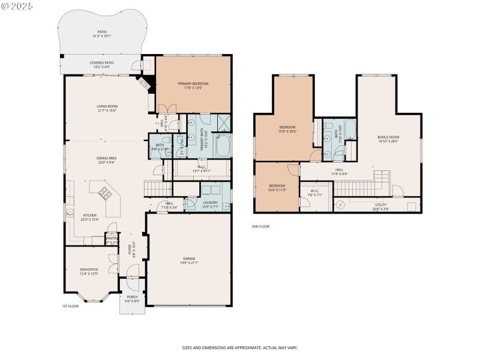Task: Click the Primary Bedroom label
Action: pos(193,83)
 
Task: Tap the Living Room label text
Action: pos(107,106)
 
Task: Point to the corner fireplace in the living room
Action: pos(145,85)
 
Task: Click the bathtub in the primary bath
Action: pos(223,146)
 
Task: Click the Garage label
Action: pos(188,259)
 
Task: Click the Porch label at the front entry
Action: pos(132,297)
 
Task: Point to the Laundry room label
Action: pos(210,203)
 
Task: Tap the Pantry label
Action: pos(112,238)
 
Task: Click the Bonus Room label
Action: pos(388,137)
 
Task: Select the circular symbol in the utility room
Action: pos(340,205)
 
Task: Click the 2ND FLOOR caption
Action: pos(260,227)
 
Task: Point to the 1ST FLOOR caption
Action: pos(70,307)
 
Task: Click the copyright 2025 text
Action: pos(17,5)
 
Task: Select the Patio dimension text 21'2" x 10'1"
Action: pos(103,36)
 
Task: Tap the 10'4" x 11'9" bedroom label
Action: pos(277,190)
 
